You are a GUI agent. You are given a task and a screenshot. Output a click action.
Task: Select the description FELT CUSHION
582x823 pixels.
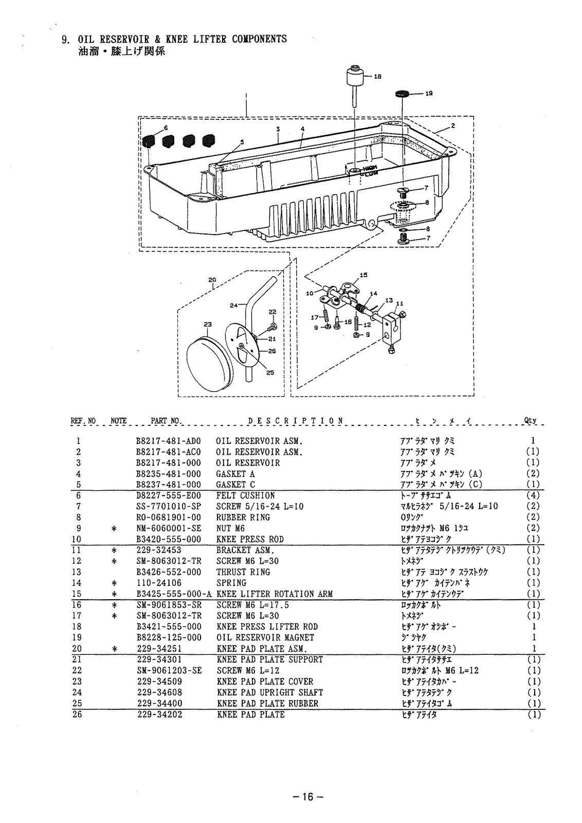245,496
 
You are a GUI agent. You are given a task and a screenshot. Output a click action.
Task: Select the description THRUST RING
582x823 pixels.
243,572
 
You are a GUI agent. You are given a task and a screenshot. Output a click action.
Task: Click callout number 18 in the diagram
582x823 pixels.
377,77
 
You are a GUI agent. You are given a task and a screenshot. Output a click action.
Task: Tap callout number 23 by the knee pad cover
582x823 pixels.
207,325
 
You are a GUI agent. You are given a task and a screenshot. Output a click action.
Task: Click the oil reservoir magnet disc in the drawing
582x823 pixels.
402,94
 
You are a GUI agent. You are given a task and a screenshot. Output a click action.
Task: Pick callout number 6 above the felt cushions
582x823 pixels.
166,128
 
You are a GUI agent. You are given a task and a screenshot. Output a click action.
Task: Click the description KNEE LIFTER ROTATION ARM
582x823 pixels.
275,594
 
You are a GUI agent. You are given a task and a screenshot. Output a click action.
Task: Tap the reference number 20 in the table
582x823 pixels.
78,649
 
